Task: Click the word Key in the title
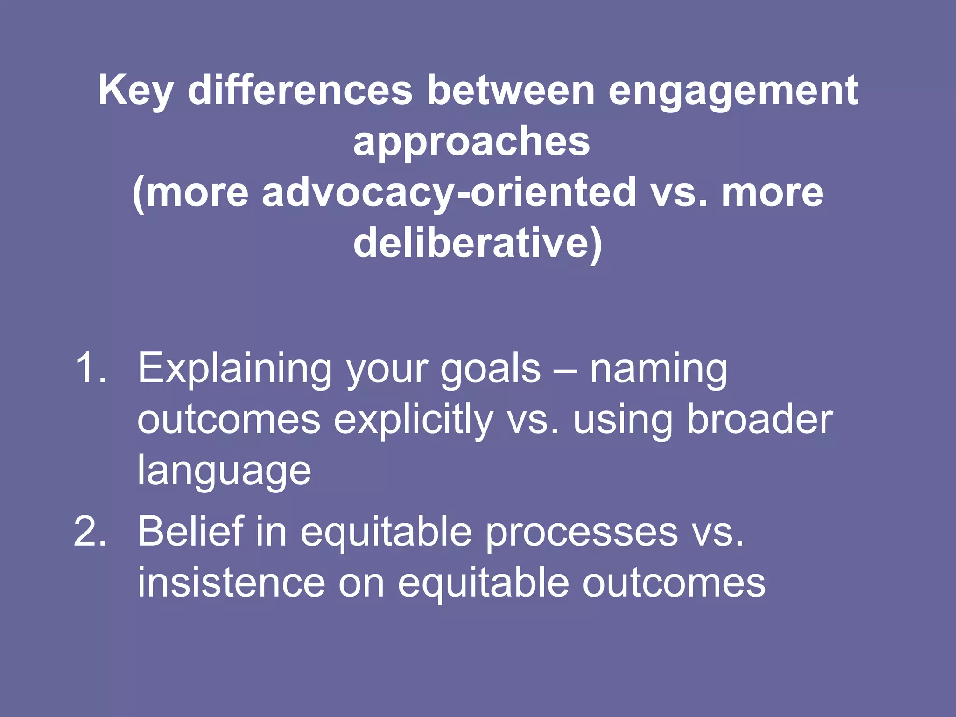click(135, 91)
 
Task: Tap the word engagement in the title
click(733, 91)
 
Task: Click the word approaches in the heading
click(471, 142)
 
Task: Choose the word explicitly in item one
click(413, 420)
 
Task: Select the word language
click(224, 471)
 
